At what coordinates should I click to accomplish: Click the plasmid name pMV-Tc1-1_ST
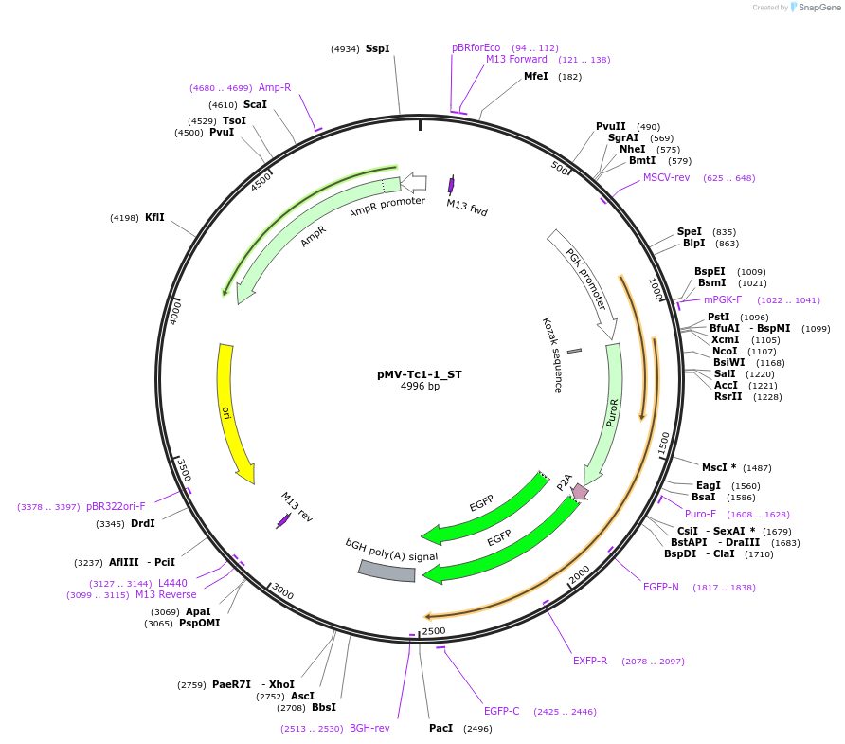coord(419,374)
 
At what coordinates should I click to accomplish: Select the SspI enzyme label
coord(377,48)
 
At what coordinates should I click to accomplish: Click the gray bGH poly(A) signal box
coord(387,571)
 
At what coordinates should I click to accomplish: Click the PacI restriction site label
coord(440,728)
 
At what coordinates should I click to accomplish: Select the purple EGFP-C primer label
coord(501,711)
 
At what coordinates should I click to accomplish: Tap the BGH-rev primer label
coord(369,728)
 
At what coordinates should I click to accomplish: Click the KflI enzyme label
coord(154,217)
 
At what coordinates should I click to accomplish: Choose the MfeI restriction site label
coord(536,76)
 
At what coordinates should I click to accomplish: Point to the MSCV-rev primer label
coord(673,177)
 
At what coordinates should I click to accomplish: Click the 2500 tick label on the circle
coord(434,630)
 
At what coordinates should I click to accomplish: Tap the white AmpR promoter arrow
coord(413,182)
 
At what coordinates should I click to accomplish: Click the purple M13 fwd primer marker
coord(451,186)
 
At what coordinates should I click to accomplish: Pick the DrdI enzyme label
coord(142,523)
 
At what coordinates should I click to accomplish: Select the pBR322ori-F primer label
coord(116,506)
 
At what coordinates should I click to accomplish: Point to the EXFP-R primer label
coord(590,661)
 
